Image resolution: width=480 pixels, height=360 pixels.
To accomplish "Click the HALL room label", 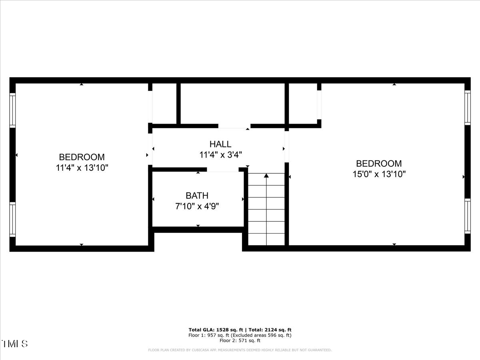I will coord(220,144).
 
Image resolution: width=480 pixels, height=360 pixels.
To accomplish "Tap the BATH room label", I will coord(197,196).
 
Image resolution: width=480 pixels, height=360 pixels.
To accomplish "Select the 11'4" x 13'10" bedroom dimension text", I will coord(82,168).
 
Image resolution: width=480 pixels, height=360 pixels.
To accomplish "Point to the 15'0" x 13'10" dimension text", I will coord(379,174).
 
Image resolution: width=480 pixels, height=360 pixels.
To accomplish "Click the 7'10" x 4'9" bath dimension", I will coord(197,206).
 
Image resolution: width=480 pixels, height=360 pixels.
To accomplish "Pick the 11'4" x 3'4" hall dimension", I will coord(220,154).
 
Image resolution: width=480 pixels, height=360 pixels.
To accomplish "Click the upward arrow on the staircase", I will coord(266,175).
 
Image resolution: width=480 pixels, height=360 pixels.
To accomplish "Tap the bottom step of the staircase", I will coord(266,239).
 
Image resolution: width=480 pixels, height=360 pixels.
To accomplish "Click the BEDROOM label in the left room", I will coord(82,157).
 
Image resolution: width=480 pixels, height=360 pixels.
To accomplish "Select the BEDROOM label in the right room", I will coord(379,163).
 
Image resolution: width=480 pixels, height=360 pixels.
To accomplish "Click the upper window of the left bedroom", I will coord(12,110).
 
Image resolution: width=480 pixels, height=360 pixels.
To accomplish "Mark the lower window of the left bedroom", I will coord(12,219).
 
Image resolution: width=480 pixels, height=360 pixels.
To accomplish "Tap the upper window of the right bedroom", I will coord(467,107).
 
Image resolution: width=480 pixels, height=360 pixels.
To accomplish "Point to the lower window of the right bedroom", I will coord(467,216).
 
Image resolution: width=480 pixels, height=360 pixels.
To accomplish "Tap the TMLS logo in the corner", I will coord(15,344).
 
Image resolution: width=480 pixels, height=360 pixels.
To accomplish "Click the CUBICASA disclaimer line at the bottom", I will coord(240,350).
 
